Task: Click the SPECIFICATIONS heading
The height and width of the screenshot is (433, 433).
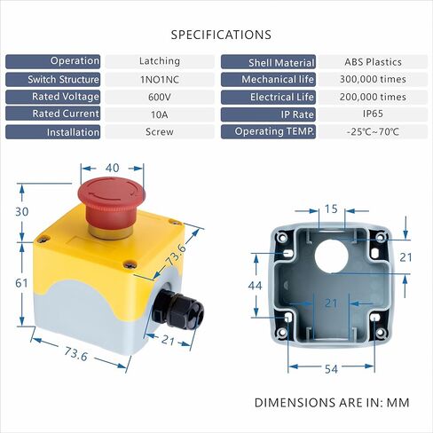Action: [x=221, y=35]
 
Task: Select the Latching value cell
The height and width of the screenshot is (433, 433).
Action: [x=160, y=61]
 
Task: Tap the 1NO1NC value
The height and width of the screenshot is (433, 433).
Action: [x=160, y=80]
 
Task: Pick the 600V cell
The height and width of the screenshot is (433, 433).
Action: [x=160, y=97]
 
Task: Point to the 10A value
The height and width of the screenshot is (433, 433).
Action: [x=160, y=114]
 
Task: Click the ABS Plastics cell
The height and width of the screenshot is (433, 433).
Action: [x=373, y=62]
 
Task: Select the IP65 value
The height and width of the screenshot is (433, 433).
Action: [x=373, y=114]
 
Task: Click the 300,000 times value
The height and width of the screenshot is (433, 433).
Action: [x=373, y=79]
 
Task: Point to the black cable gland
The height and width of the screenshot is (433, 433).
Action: [x=178, y=309]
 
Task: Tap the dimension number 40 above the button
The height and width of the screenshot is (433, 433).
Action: [x=113, y=168]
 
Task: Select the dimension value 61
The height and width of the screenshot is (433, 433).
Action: [x=21, y=283]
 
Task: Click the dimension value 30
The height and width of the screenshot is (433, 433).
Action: [x=22, y=212]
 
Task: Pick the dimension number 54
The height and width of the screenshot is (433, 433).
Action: [x=331, y=369]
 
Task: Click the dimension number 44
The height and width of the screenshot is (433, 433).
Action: [x=255, y=286]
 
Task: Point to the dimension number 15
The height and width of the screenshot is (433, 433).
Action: [x=331, y=209]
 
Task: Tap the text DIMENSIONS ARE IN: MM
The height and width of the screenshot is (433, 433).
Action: [x=332, y=403]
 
